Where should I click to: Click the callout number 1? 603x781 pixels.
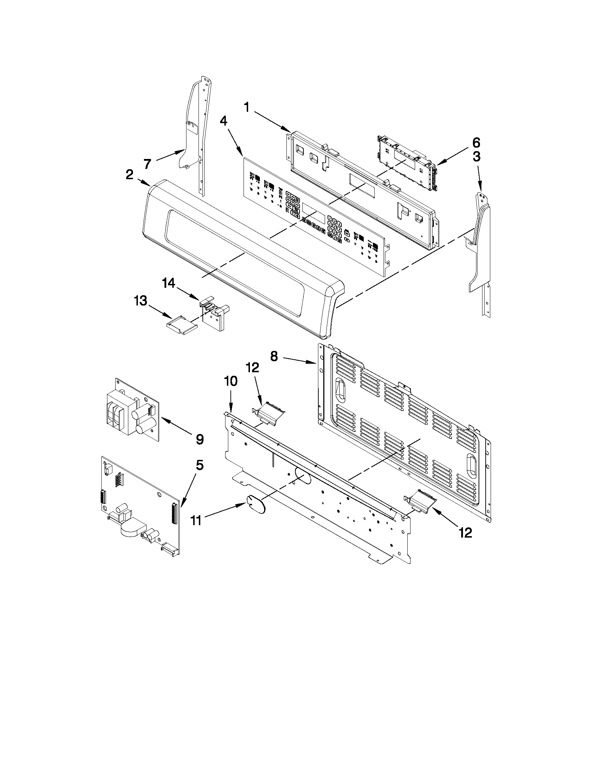pos(246,107)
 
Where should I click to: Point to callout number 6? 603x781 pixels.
pos(476,143)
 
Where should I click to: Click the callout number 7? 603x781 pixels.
pos(147,164)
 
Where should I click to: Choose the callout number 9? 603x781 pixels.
pos(200,439)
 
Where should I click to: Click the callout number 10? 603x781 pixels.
pos(231,381)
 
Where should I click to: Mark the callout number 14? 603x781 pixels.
pos(169,284)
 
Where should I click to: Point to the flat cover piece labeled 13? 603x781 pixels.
pos(182,325)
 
